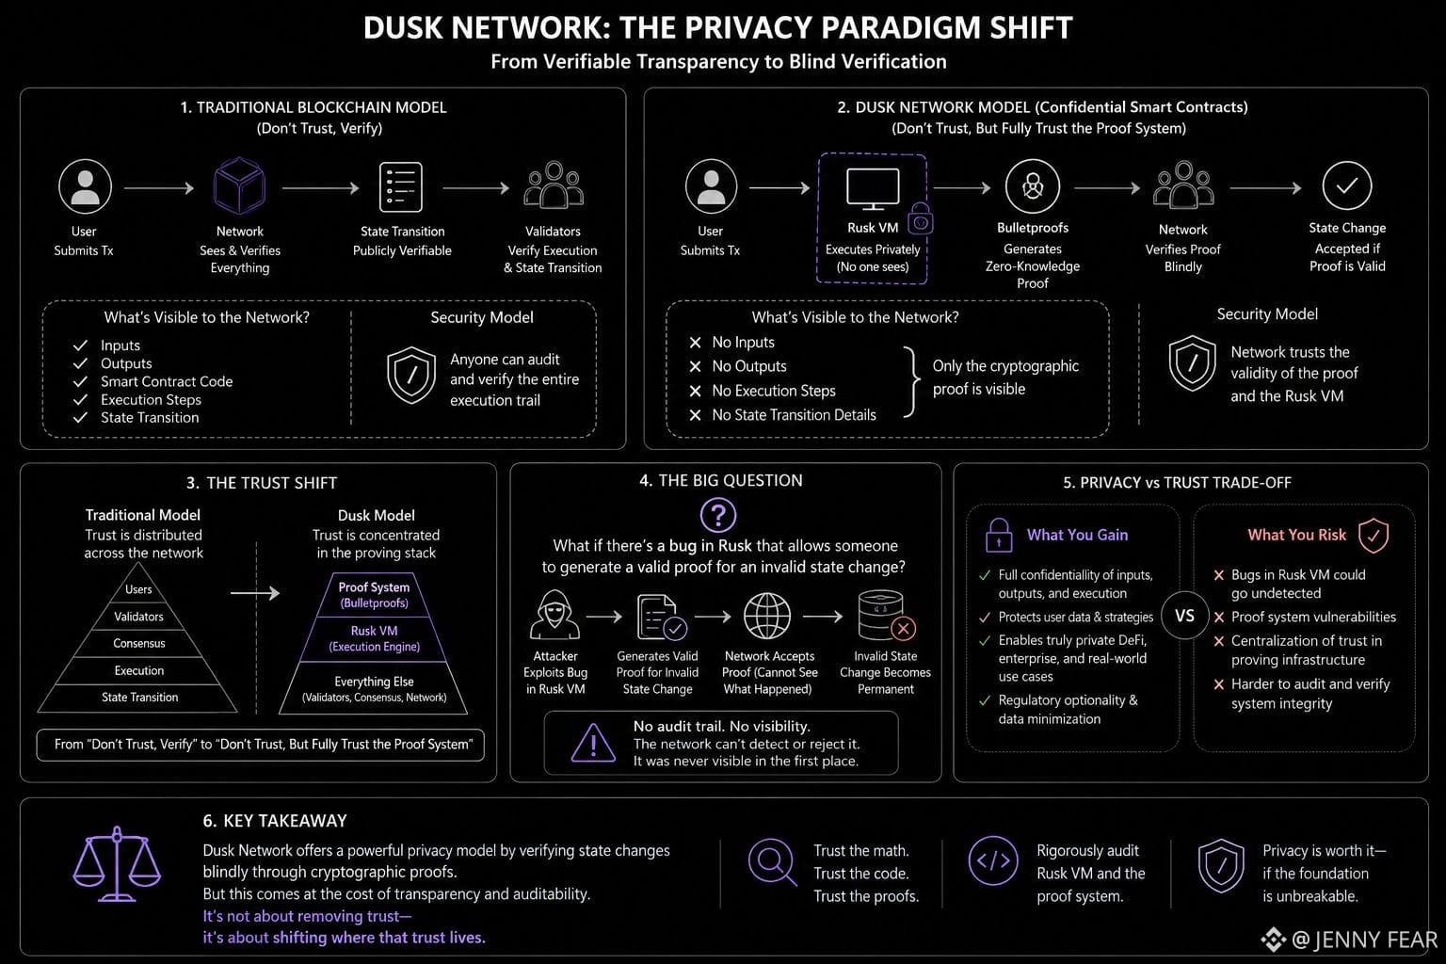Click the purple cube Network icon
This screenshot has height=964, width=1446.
(239, 186)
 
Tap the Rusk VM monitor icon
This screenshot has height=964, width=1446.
(873, 188)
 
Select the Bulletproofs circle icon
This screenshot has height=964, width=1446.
(1032, 186)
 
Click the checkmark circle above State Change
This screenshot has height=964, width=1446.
(1346, 186)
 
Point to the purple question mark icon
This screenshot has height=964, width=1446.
(718, 515)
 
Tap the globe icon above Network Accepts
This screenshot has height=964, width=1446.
(767, 616)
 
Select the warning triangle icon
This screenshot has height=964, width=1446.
(593, 743)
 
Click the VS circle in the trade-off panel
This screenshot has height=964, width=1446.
(1184, 616)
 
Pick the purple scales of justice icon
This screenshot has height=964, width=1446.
(117, 863)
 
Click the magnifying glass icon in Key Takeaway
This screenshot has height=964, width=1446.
(772, 862)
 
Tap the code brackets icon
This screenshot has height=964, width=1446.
(993, 860)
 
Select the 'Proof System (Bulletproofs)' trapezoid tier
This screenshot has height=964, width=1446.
(374, 595)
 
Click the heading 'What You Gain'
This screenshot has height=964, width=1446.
(1077, 535)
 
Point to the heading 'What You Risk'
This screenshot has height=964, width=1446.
(1296, 535)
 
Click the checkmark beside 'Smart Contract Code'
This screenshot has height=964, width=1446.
(80, 381)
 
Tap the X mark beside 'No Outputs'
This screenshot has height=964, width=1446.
(696, 366)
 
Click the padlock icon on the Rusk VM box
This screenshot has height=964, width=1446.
(921, 219)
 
